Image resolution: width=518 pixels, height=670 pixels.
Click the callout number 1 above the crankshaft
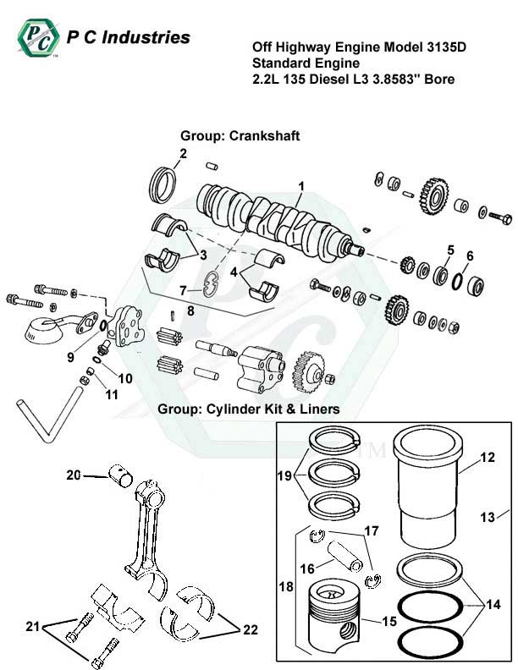pos(300,185)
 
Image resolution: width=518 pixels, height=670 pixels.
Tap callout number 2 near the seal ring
pos(182,153)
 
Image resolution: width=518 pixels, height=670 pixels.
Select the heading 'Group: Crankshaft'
pos(240,135)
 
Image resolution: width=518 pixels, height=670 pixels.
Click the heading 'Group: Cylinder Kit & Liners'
pos(249,409)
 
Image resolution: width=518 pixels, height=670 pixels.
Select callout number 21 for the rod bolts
pos(32,626)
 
